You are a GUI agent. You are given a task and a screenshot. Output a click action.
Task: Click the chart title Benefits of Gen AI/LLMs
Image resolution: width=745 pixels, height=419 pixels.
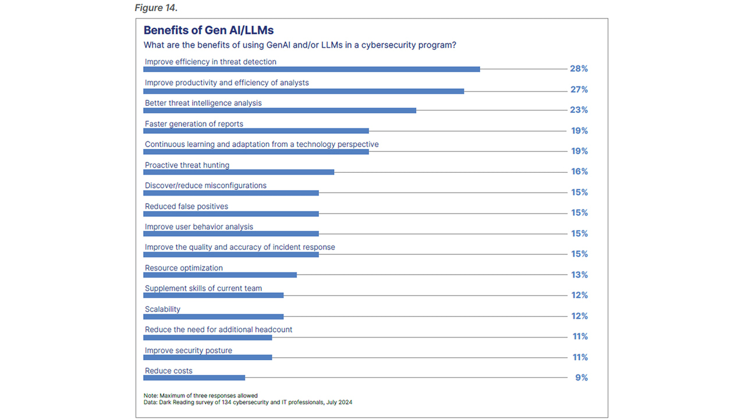pyautogui.click(x=208, y=30)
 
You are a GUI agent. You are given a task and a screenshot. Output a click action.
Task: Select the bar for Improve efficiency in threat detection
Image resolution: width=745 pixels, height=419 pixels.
pyautogui.click(x=311, y=69)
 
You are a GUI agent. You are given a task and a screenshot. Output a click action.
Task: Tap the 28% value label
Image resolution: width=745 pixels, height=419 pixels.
pyautogui.click(x=579, y=69)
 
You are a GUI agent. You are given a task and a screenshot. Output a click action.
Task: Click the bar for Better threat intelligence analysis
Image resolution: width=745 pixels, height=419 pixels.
pyautogui.click(x=279, y=111)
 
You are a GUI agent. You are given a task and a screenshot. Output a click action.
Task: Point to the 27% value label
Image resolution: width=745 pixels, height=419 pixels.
pyautogui.click(x=579, y=90)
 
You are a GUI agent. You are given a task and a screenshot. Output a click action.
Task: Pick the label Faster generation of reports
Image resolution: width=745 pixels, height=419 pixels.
pyautogui.click(x=194, y=124)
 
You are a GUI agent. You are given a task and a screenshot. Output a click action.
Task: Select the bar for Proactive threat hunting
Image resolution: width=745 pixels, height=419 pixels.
pyautogui.click(x=239, y=172)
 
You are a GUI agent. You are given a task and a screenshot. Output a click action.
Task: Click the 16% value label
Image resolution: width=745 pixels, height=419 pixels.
pyautogui.click(x=579, y=172)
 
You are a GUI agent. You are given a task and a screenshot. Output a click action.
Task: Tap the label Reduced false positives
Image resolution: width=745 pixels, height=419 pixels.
pyautogui.click(x=186, y=207)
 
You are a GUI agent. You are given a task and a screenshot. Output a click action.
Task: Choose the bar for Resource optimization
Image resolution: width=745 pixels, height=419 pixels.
pyautogui.click(x=220, y=275)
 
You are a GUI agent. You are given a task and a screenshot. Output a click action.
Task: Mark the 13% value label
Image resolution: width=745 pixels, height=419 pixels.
pyautogui.click(x=579, y=275)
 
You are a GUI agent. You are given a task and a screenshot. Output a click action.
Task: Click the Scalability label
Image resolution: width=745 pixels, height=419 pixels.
pyautogui.click(x=162, y=310)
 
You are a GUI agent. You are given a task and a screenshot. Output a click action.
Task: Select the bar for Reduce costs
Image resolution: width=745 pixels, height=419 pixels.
pyautogui.click(x=194, y=378)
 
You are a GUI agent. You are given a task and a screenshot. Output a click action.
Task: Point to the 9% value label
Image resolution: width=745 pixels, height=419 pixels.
pyautogui.click(x=581, y=378)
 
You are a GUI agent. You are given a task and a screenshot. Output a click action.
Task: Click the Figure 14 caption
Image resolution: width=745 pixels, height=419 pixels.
pyautogui.click(x=156, y=8)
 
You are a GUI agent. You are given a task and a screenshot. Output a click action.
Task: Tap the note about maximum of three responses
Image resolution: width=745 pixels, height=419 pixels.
pyautogui.click(x=200, y=396)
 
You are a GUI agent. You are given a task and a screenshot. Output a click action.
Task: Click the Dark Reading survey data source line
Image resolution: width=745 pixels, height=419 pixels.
pyautogui.click(x=248, y=402)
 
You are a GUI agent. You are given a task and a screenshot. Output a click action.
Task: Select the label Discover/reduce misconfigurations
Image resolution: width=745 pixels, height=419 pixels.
pyautogui.click(x=205, y=186)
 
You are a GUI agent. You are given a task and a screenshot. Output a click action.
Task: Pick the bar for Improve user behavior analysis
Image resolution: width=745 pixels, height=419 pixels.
pyautogui.click(x=231, y=234)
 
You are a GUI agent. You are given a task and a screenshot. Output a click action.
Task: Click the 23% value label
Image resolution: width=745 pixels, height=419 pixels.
pyautogui.click(x=579, y=110)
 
